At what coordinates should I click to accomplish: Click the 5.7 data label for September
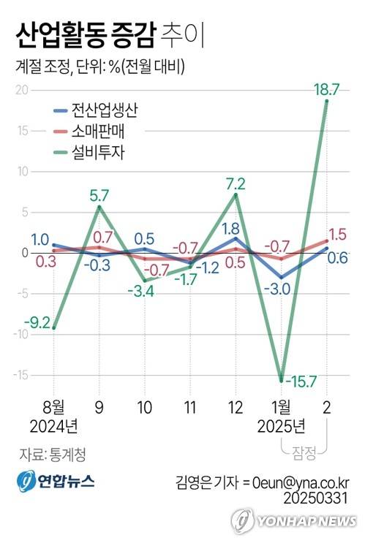[x=99, y=196]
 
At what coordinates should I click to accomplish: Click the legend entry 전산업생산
[x=104, y=112]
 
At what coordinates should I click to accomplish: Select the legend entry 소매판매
[x=97, y=132]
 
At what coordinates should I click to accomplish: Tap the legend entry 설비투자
[x=97, y=153]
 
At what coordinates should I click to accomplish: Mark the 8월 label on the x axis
[x=53, y=406]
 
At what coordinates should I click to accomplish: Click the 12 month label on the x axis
[x=236, y=406]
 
